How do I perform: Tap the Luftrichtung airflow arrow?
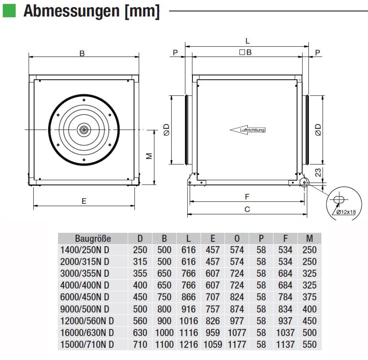(x=247, y=130)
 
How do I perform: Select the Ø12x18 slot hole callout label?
(x=346, y=212)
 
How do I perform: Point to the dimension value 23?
(x=319, y=171)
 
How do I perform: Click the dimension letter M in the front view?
(x=149, y=156)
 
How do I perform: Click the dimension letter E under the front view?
(x=84, y=201)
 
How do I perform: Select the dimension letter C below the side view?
(x=247, y=209)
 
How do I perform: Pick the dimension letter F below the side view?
(x=247, y=197)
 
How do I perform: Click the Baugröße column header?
(x=93, y=238)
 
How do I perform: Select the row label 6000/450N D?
(x=85, y=297)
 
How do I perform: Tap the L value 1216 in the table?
(x=188, y=345)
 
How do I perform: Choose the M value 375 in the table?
(x=309, y=297)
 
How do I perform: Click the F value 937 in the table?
(x=285, y=321)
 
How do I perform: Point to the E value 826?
(x=213, y=321)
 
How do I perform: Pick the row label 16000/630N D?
(x=87, y=333)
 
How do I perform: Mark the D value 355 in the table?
(x=140, y=273)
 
